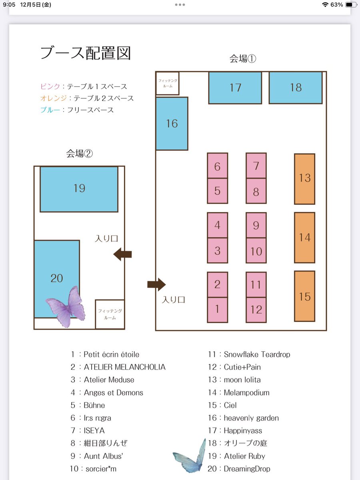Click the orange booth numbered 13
coord(304,179)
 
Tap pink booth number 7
coord(256,166)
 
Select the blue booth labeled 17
coord(235,88)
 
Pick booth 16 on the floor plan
coord(172,124)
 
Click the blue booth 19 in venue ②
coord(79,189)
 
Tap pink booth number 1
coord(217,310)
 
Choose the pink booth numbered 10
coord(256,250)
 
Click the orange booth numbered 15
coord(304,296)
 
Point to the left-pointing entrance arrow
coord(123,254)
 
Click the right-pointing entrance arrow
coord(156,284)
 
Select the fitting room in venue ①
coord(168,83)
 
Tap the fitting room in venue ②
coord(110,314)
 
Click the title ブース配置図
coord(86,53)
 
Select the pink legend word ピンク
coord(50,86)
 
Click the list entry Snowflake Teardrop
coord(257,354)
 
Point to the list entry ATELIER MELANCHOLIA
coord(124,367)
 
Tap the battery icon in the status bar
coord(351,4)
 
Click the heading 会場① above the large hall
coord(243,59)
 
